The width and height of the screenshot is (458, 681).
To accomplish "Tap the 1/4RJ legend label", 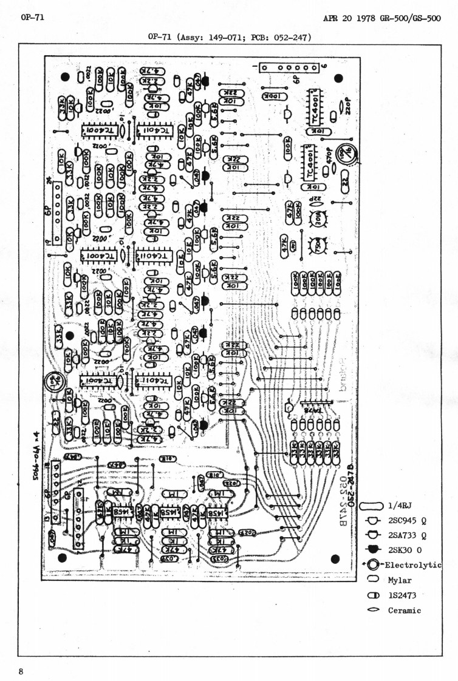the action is pos(400,505).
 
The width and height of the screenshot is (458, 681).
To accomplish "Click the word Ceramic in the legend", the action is pos(405,610).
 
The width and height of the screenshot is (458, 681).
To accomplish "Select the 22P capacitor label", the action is pos(316,200).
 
